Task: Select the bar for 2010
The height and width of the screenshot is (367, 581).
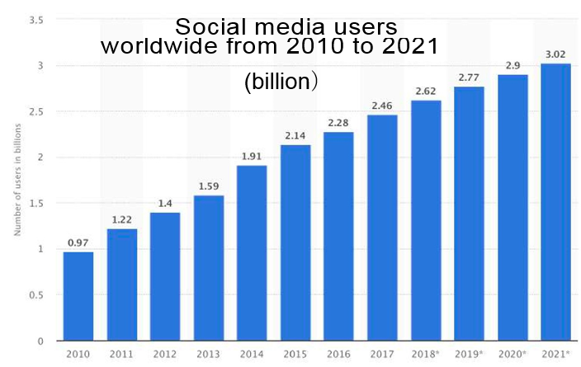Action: pyautogui.click(x=78, y=296)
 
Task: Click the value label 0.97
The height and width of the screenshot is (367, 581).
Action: pyautogui.click(x=78, y=242)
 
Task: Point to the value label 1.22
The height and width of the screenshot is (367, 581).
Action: pyautogui.click(x=121, y=219)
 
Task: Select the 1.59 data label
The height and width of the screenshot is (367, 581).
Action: pyautogui.click(x=208, y=186)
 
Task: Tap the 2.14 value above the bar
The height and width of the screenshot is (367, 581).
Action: pyautogui.click(x=295, y=135)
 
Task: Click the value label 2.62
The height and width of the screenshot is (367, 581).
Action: pyautogui.click(x=425, y=91)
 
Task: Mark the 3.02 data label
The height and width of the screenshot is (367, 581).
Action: pyautogui.click(x=555, y=54)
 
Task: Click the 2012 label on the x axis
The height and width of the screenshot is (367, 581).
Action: pyautogui.click(x=165, y=355)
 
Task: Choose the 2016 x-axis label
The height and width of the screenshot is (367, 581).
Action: pyautogui.click(x=338, y=355)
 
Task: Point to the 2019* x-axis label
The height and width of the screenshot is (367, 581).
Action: pyautogui.click(x=469, y=355)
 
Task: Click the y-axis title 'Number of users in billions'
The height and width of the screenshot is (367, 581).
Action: pyautogui.click(x=17, y=180)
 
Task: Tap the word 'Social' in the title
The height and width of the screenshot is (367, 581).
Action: pyautogui.click(x=210, y=27)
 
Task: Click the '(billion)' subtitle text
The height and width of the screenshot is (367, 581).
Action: pyautogui.click(x=281, y=83)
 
